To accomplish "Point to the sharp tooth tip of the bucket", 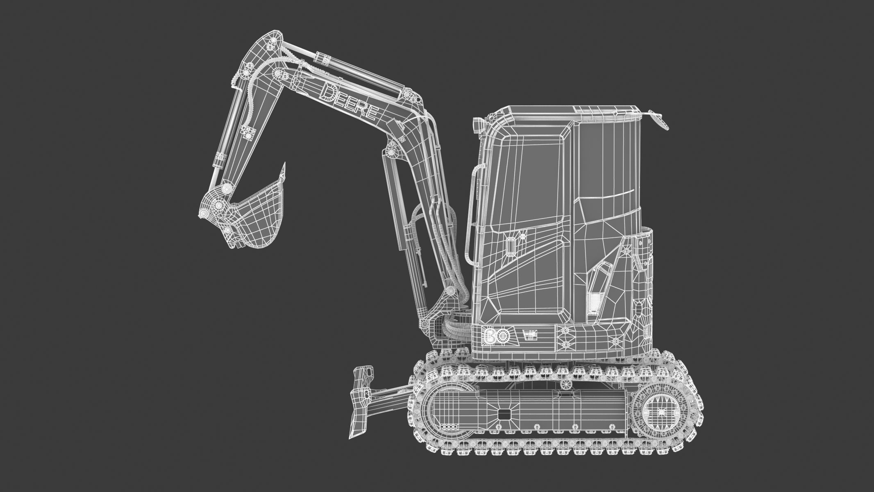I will [x=283, y=165].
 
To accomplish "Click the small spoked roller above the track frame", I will [x=566, y=384].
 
